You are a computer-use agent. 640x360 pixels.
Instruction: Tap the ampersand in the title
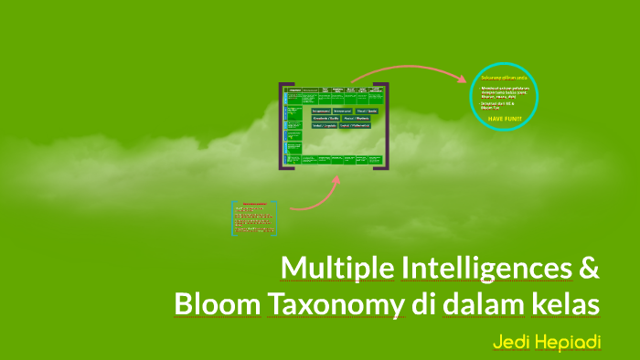pos(590,269)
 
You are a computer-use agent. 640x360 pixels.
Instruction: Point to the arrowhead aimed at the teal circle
pos(464,79)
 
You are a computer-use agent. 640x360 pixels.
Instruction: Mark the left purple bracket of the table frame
pos(283,126)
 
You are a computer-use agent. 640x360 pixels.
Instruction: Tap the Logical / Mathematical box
pos(355,126)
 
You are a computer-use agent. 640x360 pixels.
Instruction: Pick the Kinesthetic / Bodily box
pos(326,118)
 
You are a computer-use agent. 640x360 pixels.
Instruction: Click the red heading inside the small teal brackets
pos(254,204)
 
